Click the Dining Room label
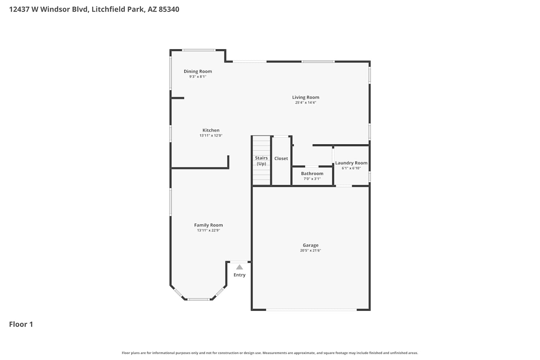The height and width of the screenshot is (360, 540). click(x=198, y=71)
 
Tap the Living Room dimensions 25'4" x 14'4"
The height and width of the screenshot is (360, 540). click(x=306, y=103)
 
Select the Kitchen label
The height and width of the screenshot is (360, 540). click(x=211, y=130)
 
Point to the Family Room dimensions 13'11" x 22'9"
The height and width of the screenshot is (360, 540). click(x=208, y=230)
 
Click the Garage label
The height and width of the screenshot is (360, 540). click(x=310, y=245)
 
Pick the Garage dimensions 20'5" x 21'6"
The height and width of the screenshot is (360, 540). click(x=310, y=250)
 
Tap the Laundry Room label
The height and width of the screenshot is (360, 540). click(x=351, y=163)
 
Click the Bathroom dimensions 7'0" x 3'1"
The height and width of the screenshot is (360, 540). click(x=312, y=179)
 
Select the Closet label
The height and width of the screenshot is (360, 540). click(x=281, y=158)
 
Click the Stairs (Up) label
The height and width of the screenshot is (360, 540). click(x=261, y=161)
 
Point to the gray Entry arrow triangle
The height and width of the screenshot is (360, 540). click(x=239, y=267)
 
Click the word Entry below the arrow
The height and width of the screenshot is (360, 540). click(x=239, y=275)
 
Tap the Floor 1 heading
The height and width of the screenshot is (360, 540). click(x=21, y=324)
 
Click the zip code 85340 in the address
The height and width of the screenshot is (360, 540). click(x=169, y=9)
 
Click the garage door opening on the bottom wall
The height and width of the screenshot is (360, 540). click(x=311, y=310)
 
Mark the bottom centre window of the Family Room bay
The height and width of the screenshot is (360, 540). click(x=199, y=300)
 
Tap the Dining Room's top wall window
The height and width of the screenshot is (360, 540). click(x=199, y=50)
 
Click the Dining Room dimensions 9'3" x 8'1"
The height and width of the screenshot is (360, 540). click(x=198, y=77)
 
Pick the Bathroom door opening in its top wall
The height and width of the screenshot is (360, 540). click(x=312, y=166)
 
